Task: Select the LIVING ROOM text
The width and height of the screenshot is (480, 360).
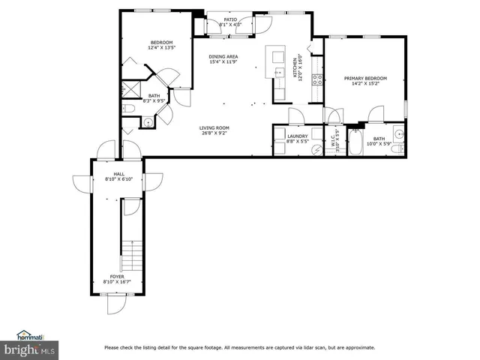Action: pos(214,128)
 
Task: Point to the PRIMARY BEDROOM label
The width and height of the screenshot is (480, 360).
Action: pos(365,78)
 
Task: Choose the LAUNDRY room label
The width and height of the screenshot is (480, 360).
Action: pos(298,136)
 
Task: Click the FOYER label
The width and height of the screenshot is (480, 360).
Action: pos(117,277)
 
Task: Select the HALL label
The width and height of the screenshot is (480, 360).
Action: pos(118,173)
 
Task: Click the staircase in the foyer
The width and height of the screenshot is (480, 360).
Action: pos(131,256)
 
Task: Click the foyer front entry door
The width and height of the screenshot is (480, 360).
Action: pos(116,305)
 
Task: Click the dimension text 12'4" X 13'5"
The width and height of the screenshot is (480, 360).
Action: pos(161,48)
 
